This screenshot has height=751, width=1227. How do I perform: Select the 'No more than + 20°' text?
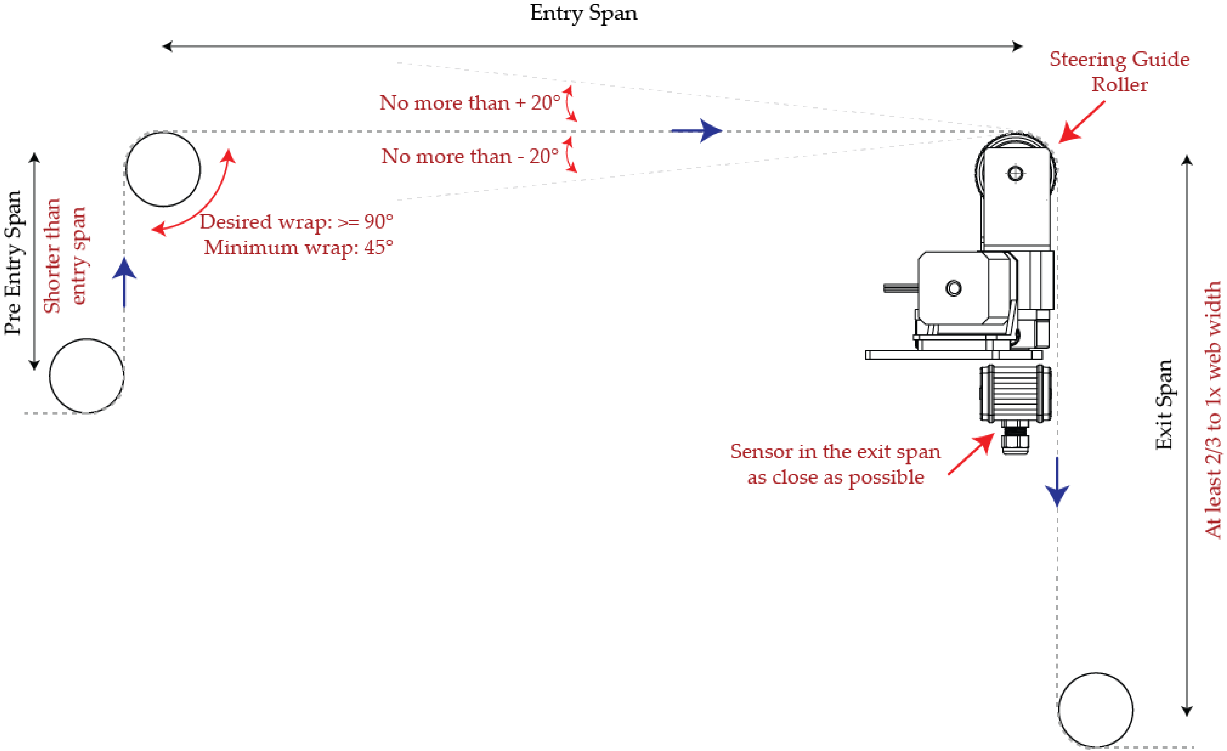[x=470, y=103]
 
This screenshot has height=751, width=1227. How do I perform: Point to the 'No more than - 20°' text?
[x=470, y=156]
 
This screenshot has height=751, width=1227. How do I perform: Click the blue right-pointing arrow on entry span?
[x=697, y=131]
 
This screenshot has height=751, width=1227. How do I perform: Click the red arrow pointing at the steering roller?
[x=1081, y=122]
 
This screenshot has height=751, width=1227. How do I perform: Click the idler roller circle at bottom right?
[x=1096, y=710]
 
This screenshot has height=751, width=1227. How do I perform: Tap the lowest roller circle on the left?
[x=87, y=376]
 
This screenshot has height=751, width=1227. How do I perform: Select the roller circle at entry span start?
[x=163, y=169]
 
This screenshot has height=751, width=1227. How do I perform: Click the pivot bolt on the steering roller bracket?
[x=1015, y=173]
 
